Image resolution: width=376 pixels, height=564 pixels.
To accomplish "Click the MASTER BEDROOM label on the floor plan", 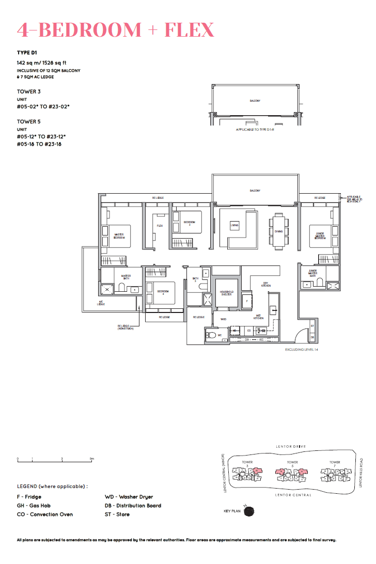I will [119, 236].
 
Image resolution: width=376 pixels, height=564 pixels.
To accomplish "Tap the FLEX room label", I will [160, 226].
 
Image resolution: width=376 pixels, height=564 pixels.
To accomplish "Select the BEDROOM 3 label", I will [190, 223].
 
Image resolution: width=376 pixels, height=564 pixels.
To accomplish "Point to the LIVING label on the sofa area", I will [234, 226].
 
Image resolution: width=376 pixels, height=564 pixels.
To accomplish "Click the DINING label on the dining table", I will [278, 231].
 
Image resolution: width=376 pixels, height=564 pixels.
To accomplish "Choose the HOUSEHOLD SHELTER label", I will [227, 293].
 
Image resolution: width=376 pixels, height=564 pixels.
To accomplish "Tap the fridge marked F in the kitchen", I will [247, 300].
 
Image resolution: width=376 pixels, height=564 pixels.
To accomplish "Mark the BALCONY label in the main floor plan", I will [255, 191].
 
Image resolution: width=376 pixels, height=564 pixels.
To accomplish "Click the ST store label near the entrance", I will [312, 326].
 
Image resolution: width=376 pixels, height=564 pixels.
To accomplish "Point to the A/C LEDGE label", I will [101, 304].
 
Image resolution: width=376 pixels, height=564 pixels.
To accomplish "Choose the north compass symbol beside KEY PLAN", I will [249, 511].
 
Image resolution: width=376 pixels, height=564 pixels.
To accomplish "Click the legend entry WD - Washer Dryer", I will [129, 497].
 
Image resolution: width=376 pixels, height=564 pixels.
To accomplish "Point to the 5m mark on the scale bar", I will [91, 459].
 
